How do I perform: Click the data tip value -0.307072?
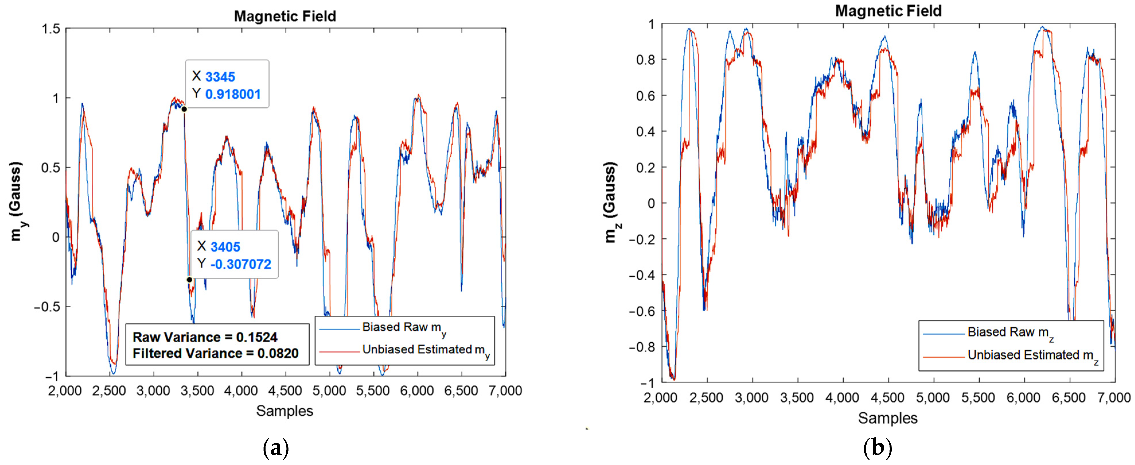pyautogui.click(x=241, y=264)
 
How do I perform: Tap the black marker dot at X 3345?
pyautogui.click(x=184, y=109)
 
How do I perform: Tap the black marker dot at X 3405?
pyautogui.click(x=190, y=280)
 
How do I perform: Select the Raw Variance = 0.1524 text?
pyautogui.click(x=205, y=337)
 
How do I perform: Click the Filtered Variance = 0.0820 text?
pyautogui.click(x=215, y=353)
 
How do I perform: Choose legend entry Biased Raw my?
pyautogui.click(x=403, y=328)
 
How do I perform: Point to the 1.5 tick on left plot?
pyautogui.click(x=51, y=29)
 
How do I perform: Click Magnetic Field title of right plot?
pyautogui.click(x=888, y=11)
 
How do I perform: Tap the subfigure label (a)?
pyautogui.click(x=276, y=448)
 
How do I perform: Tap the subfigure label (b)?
pyautogui.click(x=877, y=448)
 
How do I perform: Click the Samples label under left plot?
pyautogui.click(x=285, y=411)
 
